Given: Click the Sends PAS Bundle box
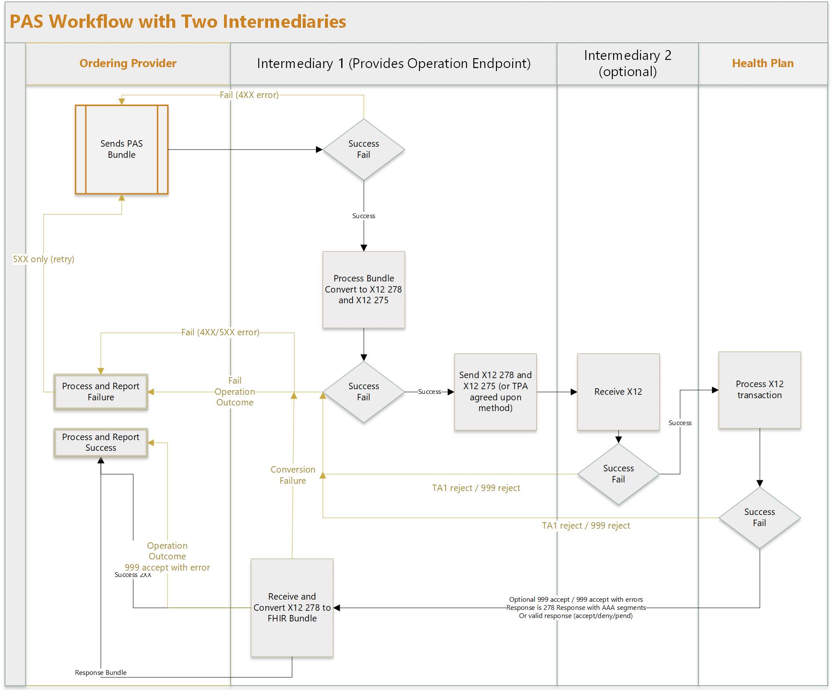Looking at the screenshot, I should click(x=121, y=149).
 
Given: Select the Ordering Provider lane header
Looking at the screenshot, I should click(x=128, y=63).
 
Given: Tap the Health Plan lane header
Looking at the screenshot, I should click(x=762, y=63).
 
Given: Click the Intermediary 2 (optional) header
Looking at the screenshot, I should click(x=627, y=63).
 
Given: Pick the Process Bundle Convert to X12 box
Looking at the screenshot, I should click(x=363, y=290).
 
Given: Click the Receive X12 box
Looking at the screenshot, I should click(x=618, y=392).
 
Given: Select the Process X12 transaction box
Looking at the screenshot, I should click(x=759, y=390).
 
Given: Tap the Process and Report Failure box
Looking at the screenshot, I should click(x=100, y=392).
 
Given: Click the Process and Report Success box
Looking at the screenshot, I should click(x=100, y=443).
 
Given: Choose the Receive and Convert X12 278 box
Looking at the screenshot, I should click(x=292, y=607).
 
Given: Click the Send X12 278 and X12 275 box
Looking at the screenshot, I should click(x=495, y=392).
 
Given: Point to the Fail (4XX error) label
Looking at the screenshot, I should click(x=249, y=95).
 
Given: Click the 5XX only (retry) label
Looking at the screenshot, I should click(x=44, y=259).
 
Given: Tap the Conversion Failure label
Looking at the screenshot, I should click(x=293, y=475).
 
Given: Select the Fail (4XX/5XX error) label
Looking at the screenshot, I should click(x=220, y=332).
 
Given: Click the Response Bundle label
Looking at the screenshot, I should click(x=100, y=673).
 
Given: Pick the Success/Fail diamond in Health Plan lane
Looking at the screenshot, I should click(x=759, y=518).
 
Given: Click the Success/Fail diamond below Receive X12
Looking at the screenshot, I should click(x=618, y=474).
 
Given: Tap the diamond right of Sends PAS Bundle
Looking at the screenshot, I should click(x=363, y=149).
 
